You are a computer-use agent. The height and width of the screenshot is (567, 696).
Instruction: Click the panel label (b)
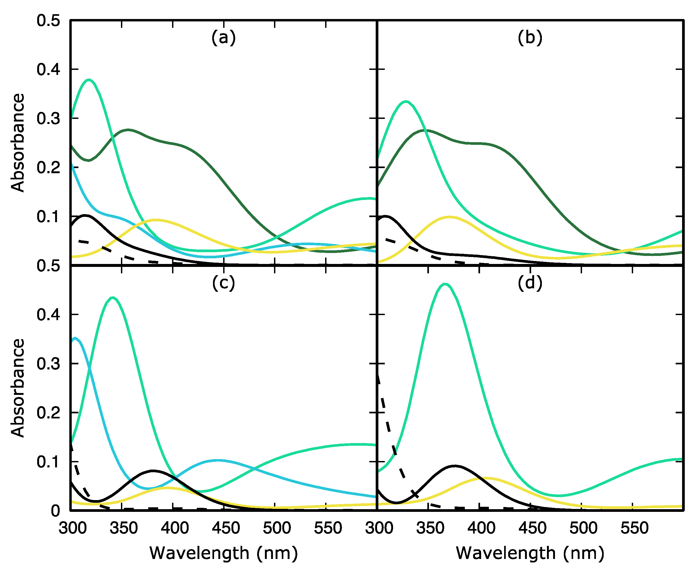[x=530, y=37]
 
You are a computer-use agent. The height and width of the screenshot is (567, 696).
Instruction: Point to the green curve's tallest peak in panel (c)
[x=113, y=298]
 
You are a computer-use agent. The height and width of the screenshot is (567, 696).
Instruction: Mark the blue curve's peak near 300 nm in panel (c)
[x=75, y=338]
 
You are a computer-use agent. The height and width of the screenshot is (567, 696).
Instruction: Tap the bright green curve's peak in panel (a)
[x=89, y=80]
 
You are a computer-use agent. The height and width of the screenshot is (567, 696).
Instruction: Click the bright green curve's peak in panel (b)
[x=406, y=101]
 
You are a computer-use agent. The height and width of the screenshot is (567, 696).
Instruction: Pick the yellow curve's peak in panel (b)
[x=450, y=217]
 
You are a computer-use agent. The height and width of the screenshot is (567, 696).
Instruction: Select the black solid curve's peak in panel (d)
[x=454, y=466]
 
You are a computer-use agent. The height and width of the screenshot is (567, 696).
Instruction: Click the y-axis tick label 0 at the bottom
[x=55, y=511]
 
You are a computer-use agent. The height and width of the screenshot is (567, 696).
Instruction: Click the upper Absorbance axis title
[x=18, y=143]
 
